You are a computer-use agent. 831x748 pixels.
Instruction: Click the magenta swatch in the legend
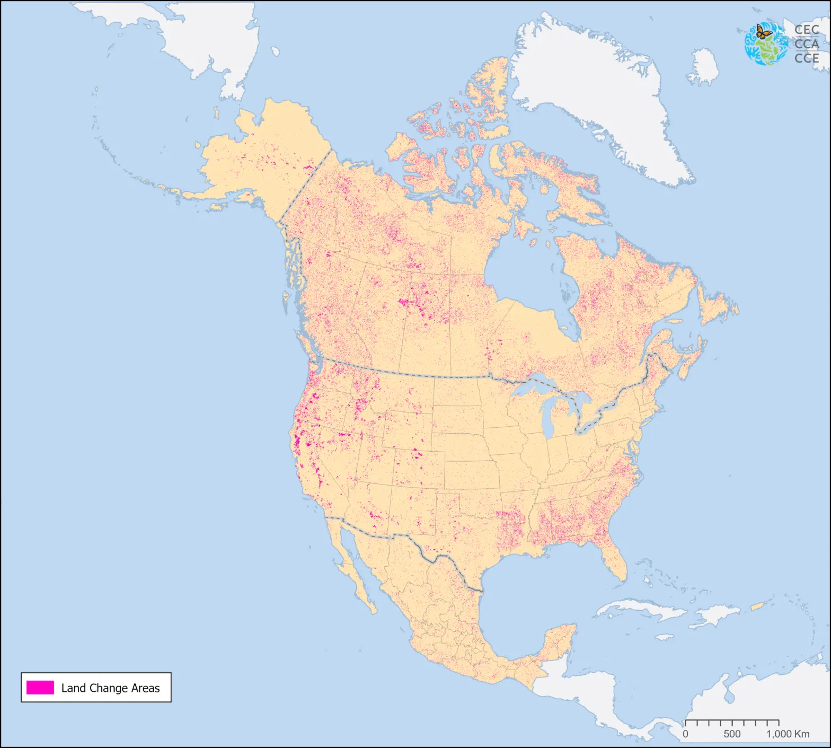tap(40, 688)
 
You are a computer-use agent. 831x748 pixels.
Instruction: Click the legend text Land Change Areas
tap(110, 688)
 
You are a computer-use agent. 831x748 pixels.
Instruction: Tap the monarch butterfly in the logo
tap(763, 32)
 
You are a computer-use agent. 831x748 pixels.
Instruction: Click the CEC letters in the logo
tap(807, 30)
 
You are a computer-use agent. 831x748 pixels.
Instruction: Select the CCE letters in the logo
tap(807, 58)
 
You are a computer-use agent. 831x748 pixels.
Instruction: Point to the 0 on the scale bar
tap(685, 734)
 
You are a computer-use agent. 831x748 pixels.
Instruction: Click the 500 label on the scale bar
tap(732, 734)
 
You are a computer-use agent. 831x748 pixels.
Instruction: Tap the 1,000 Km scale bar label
tap(788, 734)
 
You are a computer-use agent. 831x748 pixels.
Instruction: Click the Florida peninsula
tap(615, 559)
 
